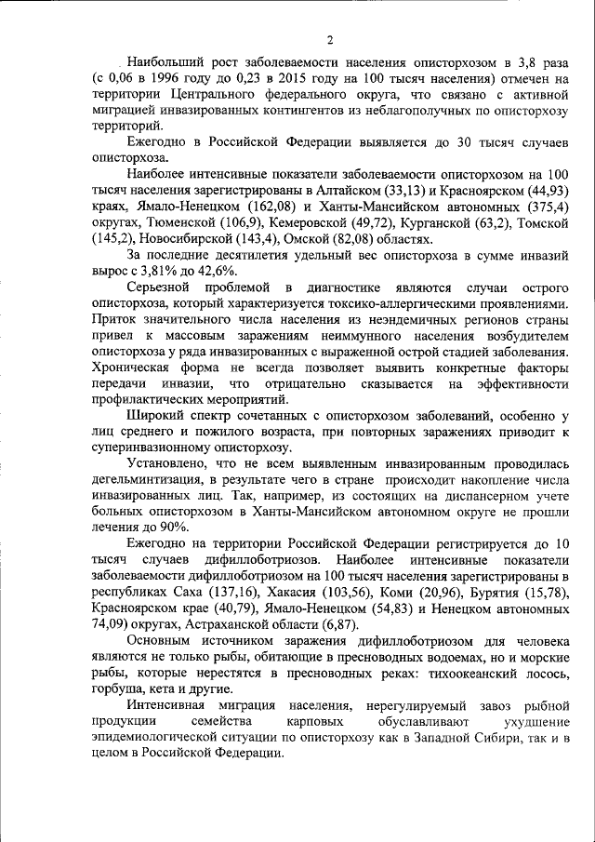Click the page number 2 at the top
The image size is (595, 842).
click(329, 39)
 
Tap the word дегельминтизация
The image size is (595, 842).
click(151, 477)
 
